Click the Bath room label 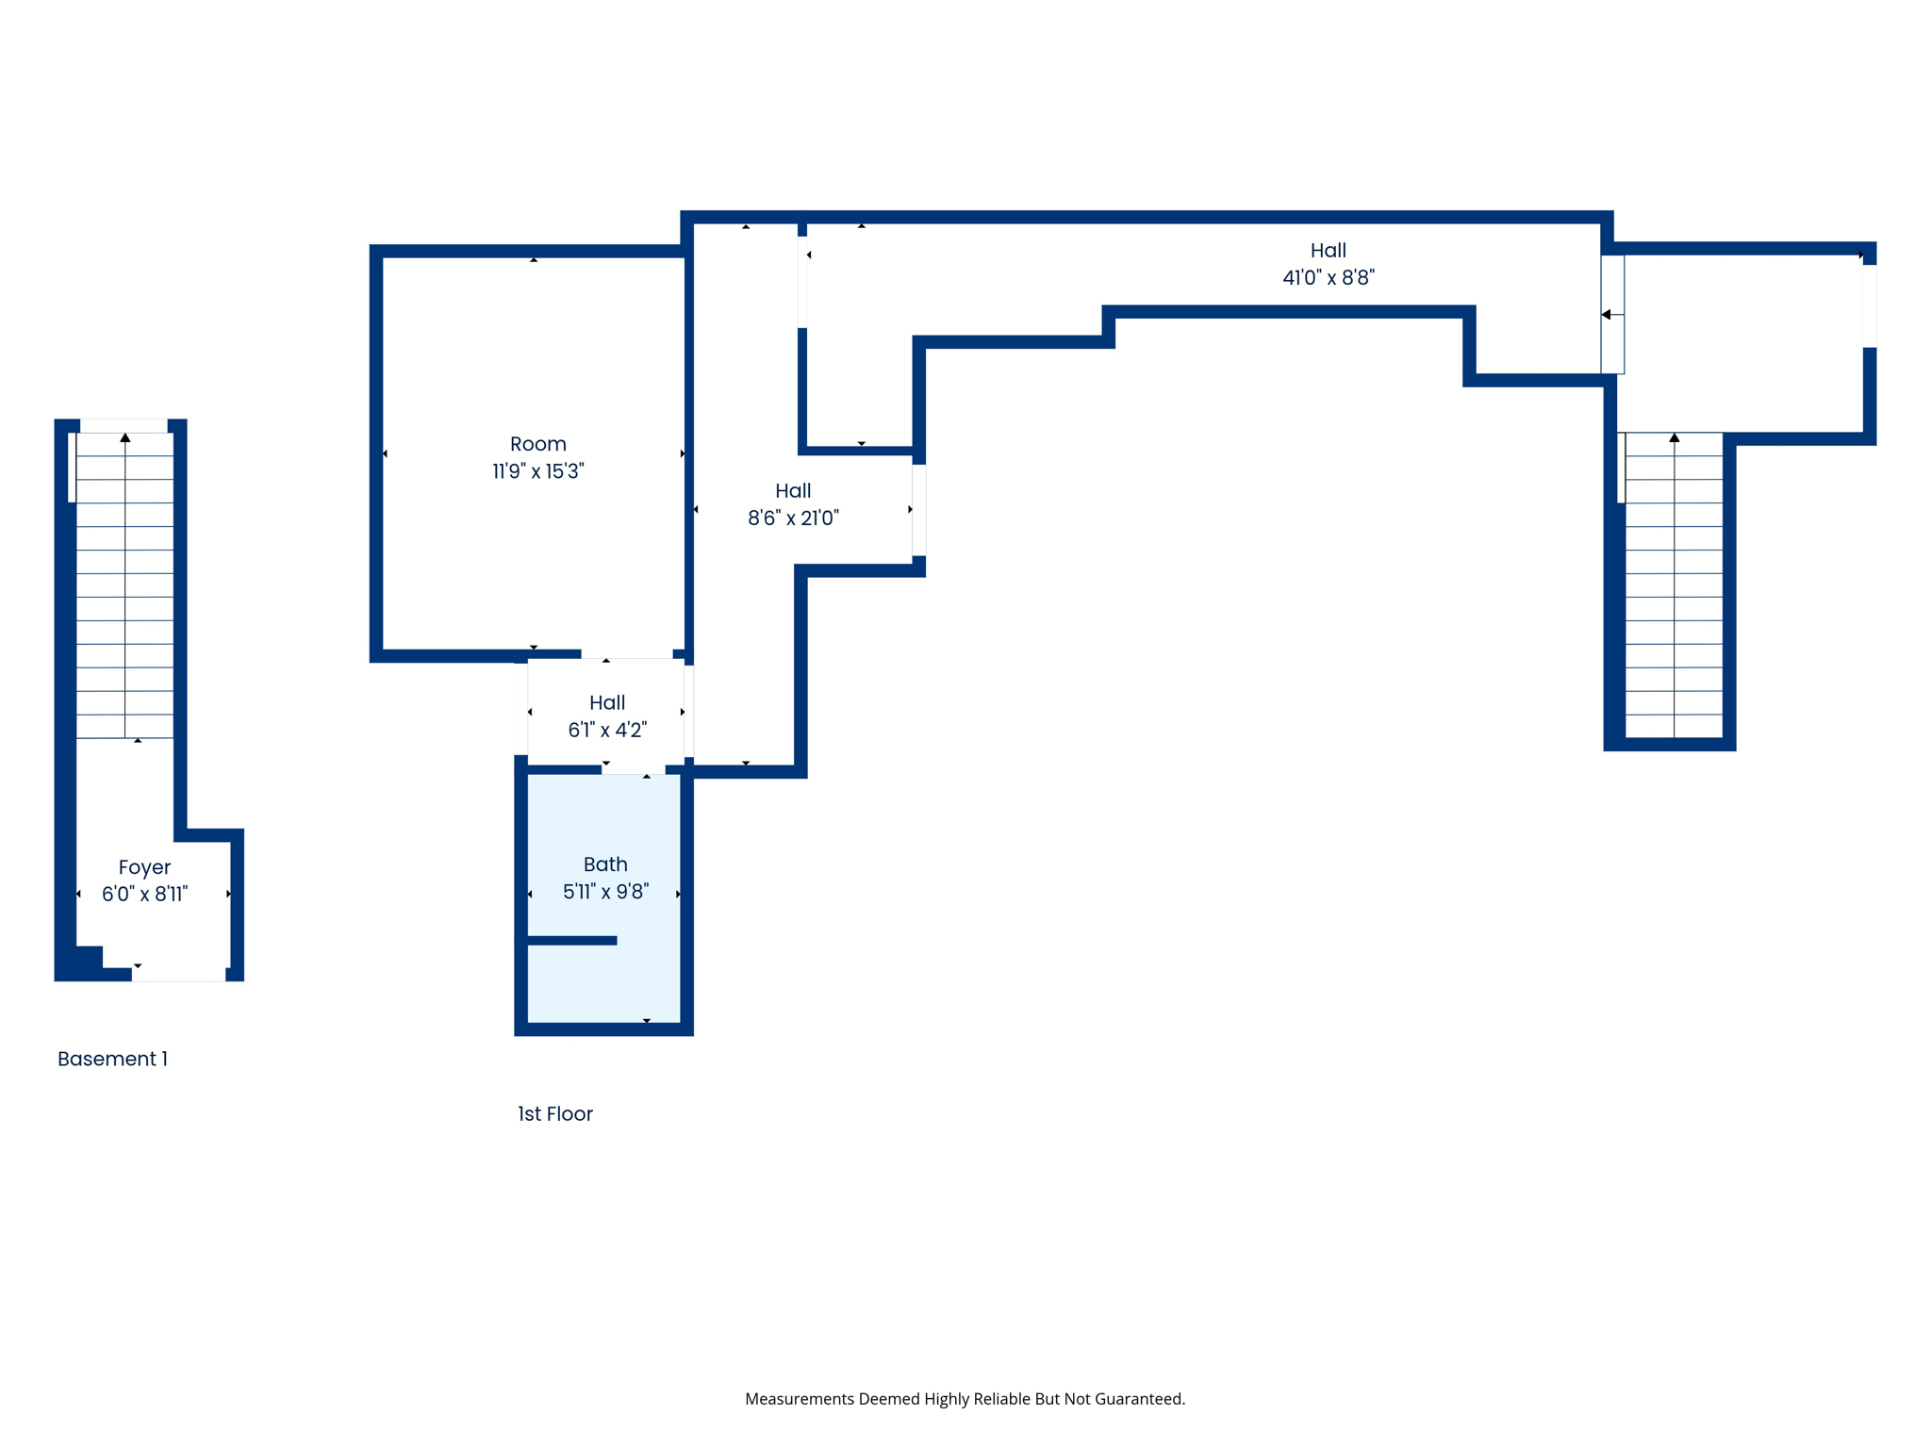coord(605,864)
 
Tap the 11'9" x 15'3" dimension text coord(538,471)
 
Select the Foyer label coord(144,867)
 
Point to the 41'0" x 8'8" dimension coord(1328,277)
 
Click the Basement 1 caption coord(112,1059)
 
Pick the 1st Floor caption coord(554,1113)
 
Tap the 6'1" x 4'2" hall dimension coord(607,730)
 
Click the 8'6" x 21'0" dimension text coord(793,518)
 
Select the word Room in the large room coord(538,444)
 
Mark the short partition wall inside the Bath coord(571,940)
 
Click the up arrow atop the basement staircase coord(125,437)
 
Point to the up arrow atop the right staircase coord(1675,437)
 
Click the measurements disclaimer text coord(965,1399)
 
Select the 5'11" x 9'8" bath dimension coord(605,892)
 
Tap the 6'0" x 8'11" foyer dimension coord(144,895)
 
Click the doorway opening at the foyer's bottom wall coord(178,974)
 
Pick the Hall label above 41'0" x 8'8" coord(1328,250)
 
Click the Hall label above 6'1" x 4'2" coord(607,702)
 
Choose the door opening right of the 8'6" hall coord(918,509)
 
